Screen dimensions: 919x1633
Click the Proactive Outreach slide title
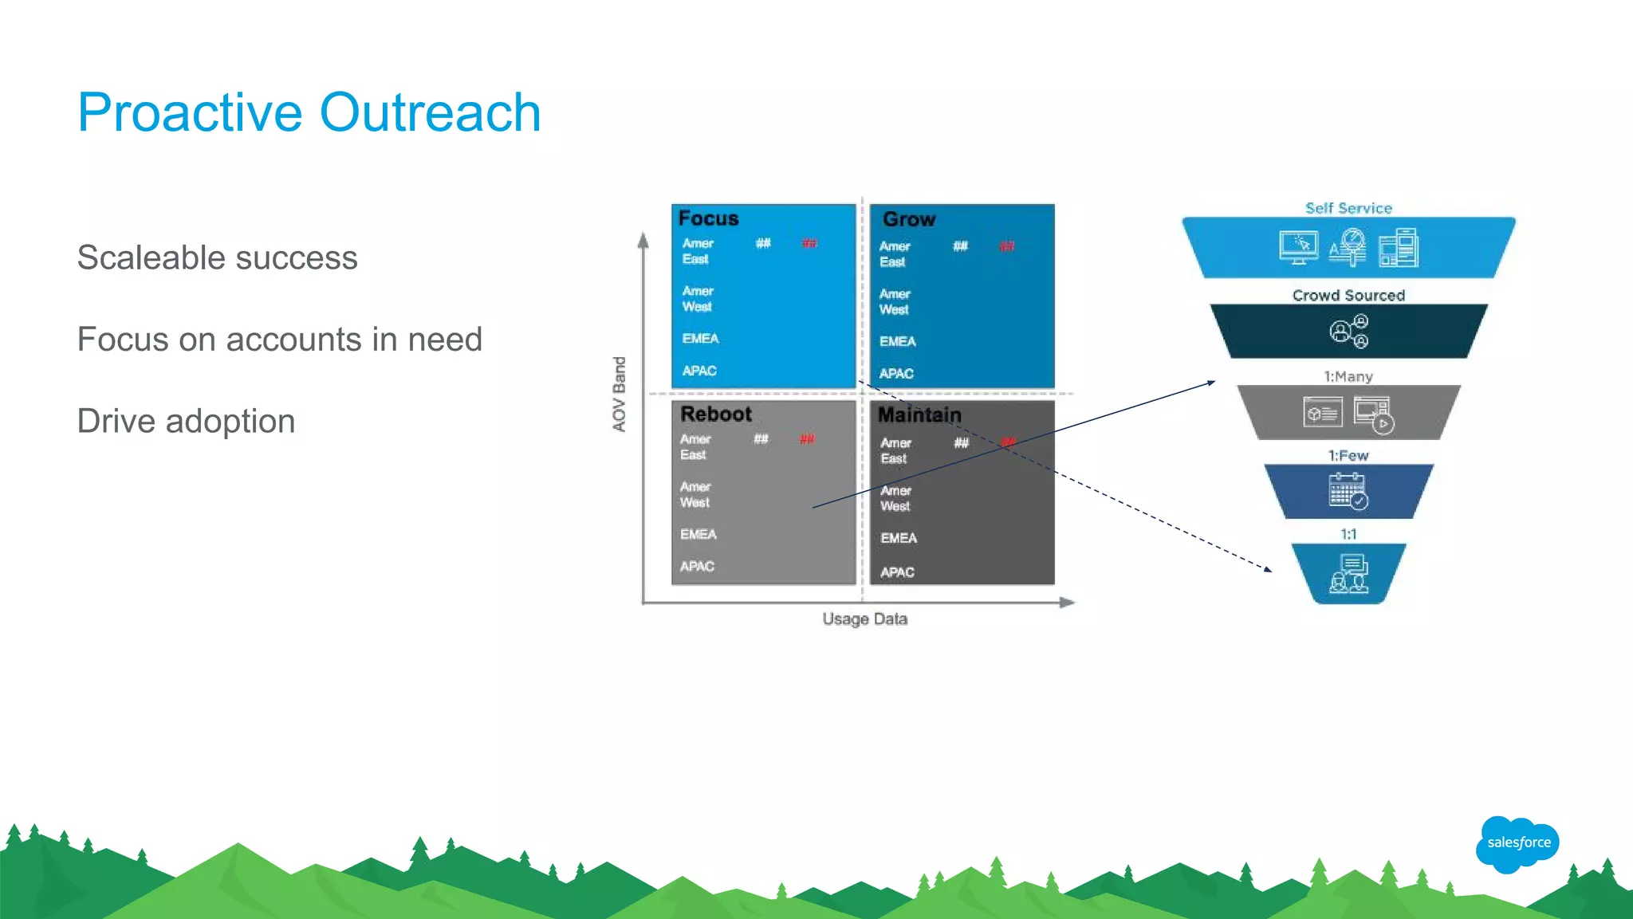[x=309, y=112]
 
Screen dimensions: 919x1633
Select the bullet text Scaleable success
[x=217, y=258]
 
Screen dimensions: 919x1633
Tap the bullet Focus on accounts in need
[x=279, y=340]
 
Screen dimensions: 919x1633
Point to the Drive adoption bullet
[x=186, y=422]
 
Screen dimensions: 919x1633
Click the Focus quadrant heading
[x=708, y=218]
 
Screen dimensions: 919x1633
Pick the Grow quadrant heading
[x=908, y=219]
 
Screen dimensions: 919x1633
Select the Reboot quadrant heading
[x=715, y=414]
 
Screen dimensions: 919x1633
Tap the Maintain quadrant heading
[x=919, y=415]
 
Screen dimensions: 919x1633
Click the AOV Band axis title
[x=620, y=394]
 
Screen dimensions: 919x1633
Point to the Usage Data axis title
[x=864, y=619]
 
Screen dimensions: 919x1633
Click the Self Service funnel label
[x=1348, y=208]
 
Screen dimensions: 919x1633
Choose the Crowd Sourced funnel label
[x=1348, y=296]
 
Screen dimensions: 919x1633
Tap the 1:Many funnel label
[x=1348, y=376]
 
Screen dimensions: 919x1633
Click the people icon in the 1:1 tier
[x=1348, y=575]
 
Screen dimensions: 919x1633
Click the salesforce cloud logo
[x=1517, y=843]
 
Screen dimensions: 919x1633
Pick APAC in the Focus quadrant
[x=699, y=371]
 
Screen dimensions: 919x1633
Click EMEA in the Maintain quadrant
[x=899, y=538]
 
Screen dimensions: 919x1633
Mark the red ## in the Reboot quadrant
[x=807, y=439]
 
